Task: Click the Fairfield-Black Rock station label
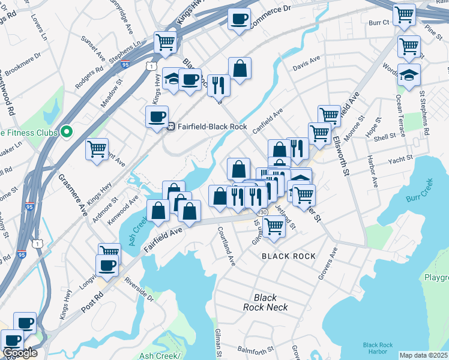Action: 207,127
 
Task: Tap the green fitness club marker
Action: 67,131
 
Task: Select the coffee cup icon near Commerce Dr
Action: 239,19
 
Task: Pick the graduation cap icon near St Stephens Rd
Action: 409,76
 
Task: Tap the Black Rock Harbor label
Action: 378,349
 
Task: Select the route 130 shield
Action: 263,213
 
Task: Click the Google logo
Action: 19,353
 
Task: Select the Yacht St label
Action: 400,160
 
